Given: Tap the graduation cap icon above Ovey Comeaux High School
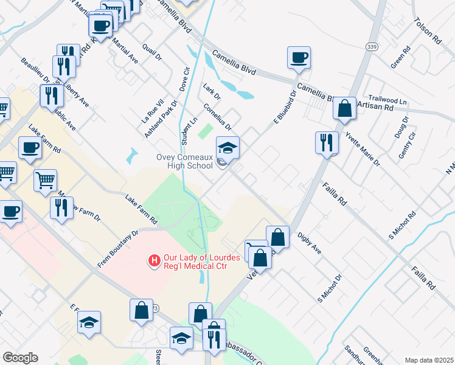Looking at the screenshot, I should pos(227,147).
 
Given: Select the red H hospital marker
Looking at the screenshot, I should pos(155,262).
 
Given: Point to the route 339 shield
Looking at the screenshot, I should pos(370,46).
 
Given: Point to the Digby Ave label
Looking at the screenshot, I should pos(309,243).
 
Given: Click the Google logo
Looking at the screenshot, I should pos(20,358).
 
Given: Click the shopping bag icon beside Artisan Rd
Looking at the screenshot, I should pos(344,108).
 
